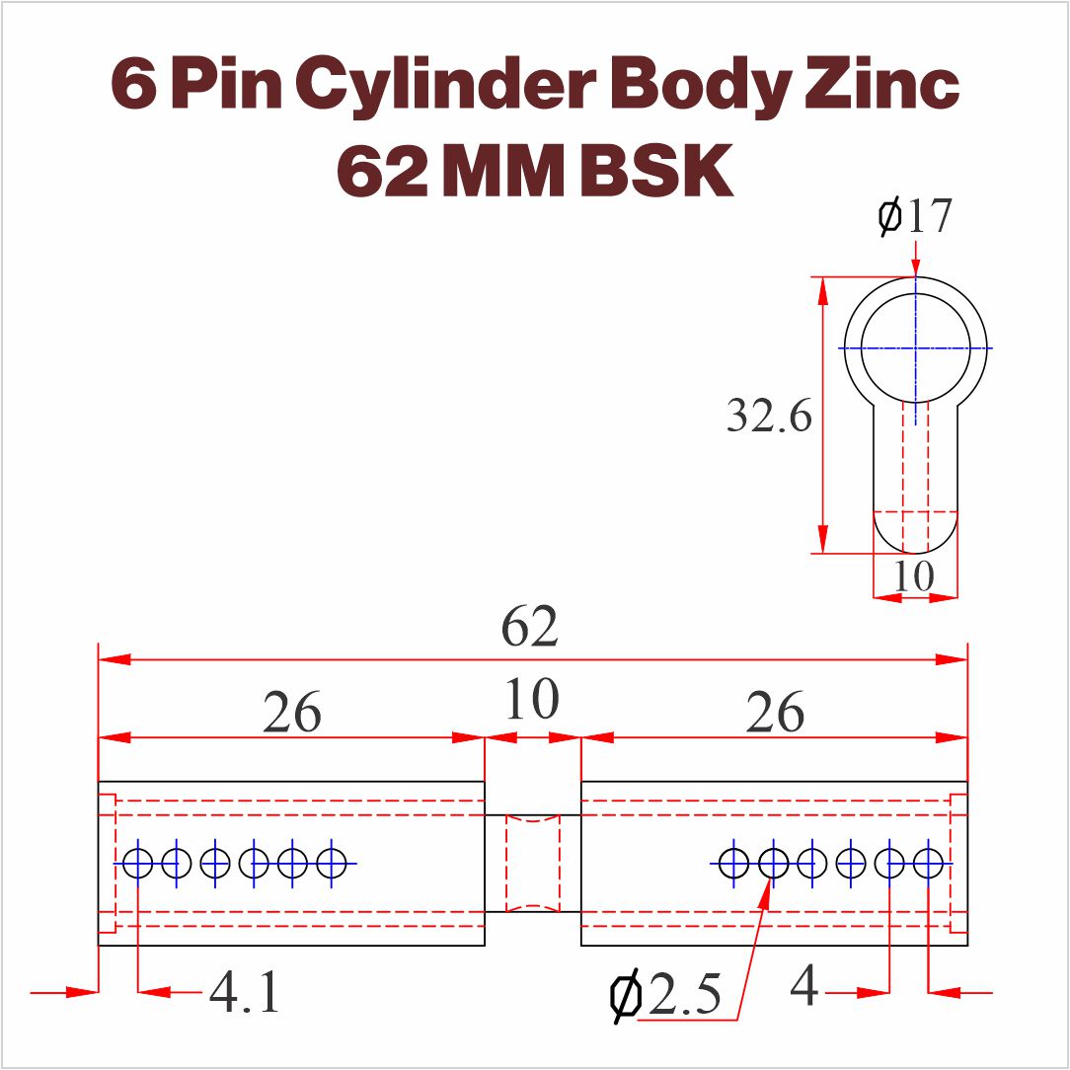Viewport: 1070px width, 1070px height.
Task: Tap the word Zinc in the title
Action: pyautogui.click(x=882, y=83)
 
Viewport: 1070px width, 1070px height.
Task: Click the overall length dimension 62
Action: pyautogui.click(x=529, y=626)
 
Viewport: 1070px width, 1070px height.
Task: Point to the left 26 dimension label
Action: pyautogui.click(x=291, y=712)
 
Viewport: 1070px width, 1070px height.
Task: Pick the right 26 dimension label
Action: pyautogui.click(x=775, y=712)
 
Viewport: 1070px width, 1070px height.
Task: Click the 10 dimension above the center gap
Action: pyautogui.click(x=532, y=699)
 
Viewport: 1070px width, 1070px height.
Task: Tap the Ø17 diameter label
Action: pyautogui.click(x=914, y=215)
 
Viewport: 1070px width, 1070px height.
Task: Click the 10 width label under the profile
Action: pyautogui.click(x=914, y=575)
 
